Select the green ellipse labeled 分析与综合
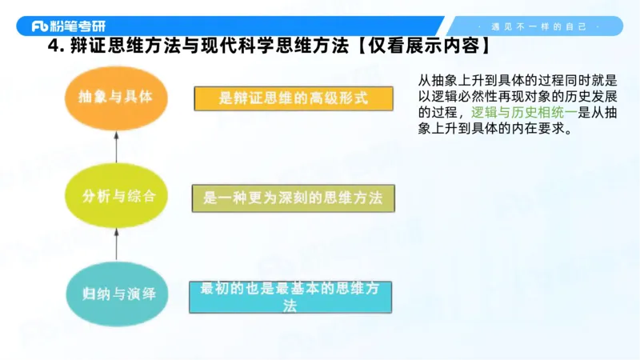coord(117,196)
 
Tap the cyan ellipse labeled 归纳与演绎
coord(117,294)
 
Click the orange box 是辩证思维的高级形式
coord(294,98)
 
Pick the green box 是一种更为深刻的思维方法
coord(293,198)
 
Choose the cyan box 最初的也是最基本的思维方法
coord(290,297)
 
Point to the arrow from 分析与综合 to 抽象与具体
coord(116,147)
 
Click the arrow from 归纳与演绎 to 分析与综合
coord(116,245)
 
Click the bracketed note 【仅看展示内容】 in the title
coord(424,47)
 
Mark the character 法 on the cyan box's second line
coord(290,306)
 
